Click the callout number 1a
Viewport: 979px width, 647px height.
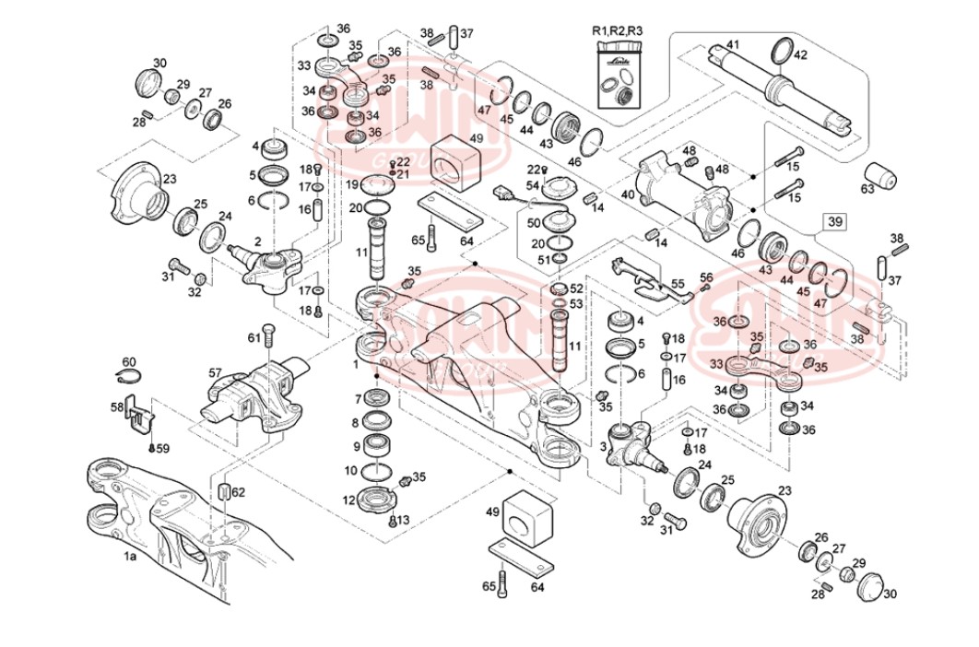(x=130, y=557)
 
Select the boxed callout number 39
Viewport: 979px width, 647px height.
(x=834, y=222)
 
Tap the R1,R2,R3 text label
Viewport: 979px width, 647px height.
(x=617, y=31)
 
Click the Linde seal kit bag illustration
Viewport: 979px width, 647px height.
(x=618, y=75)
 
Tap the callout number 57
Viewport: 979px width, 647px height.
(x=215, y=373)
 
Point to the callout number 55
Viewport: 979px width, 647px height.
(x=677, y=285)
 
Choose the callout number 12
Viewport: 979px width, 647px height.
(x=348, y=500)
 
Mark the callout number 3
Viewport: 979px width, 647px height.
(x=604, y=446)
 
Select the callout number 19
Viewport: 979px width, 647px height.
(x=351, y=184)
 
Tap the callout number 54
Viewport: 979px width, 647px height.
(x=531, y=186)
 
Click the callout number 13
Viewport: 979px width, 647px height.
(x=402, y=519)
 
